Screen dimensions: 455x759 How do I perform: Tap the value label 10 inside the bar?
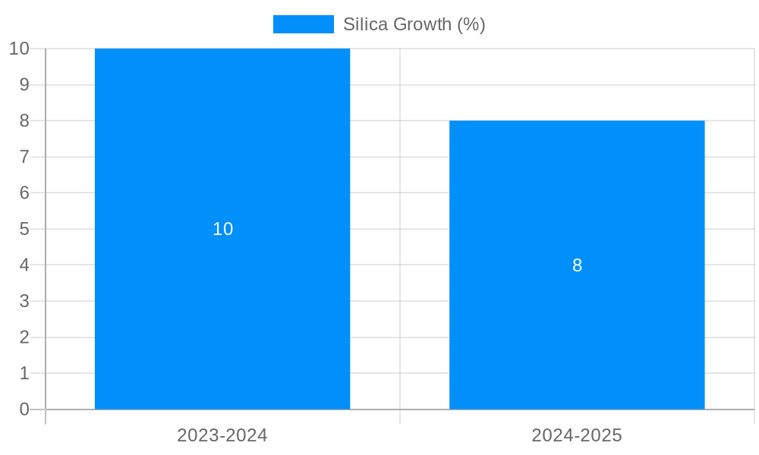pyautogui.click(x=222, y=229)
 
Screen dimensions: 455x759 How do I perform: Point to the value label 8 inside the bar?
pyautogui.click(x=577, y=265)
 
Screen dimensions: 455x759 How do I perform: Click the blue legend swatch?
pyautogui.click(x=303, y=24)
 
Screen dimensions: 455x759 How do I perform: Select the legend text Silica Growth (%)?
pyautogui.click(x=414, y=24)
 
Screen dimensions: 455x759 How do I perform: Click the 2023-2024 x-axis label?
pyautogui.click(x=222, y=435)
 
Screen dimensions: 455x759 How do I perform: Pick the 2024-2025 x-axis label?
pyautogui.click(x=577, y=435)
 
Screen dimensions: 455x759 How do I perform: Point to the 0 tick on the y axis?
pyautogui.click(x=24, y=409)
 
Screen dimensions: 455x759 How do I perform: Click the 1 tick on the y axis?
pyautogui.click(x=24, y=373)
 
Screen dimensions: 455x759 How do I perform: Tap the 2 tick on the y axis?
pyautogui.click(x=24, y=337)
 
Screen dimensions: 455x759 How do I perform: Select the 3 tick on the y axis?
pyautogui.click(x=24, y=301)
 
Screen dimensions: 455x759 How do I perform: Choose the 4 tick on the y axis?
pyautogui.click(x=24, y=265)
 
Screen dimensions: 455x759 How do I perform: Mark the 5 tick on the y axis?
pyautogui.click(x=24, y=229)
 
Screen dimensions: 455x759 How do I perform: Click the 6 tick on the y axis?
pyautogui.click(x=24, y=193)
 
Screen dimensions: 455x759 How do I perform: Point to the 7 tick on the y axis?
pyautogui.click(x=24, y=157)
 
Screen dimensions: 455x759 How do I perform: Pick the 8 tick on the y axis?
pyautogui.click(x=24, y=121)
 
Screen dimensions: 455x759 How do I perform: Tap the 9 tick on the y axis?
pyautogui.click(x=24, y=84)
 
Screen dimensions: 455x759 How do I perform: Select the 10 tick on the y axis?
pyautogui.click(x=19, y=49)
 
